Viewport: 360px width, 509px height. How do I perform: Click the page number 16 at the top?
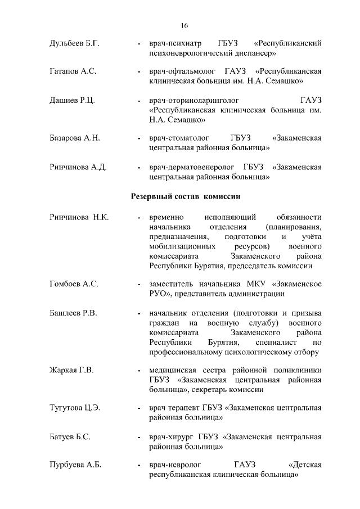pyautogui.click(x=184, y=26)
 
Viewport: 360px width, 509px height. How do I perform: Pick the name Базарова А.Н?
pyautogui.click(x=74, y=138)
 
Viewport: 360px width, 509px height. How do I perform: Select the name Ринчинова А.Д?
pyautogui.click(x=78, y=167)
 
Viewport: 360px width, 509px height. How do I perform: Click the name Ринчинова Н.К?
pyautogui.click(x=79, y=217)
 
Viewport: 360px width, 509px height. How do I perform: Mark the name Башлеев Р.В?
pyautogui.click(x=73, y=313)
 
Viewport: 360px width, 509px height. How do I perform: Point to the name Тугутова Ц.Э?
pyautogui.click(x=75, y=408)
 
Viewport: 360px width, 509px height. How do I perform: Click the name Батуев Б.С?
pyautogui.click(x=70, y=436)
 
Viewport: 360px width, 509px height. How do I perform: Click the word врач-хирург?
pyautogui.click(x=170, y=436)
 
